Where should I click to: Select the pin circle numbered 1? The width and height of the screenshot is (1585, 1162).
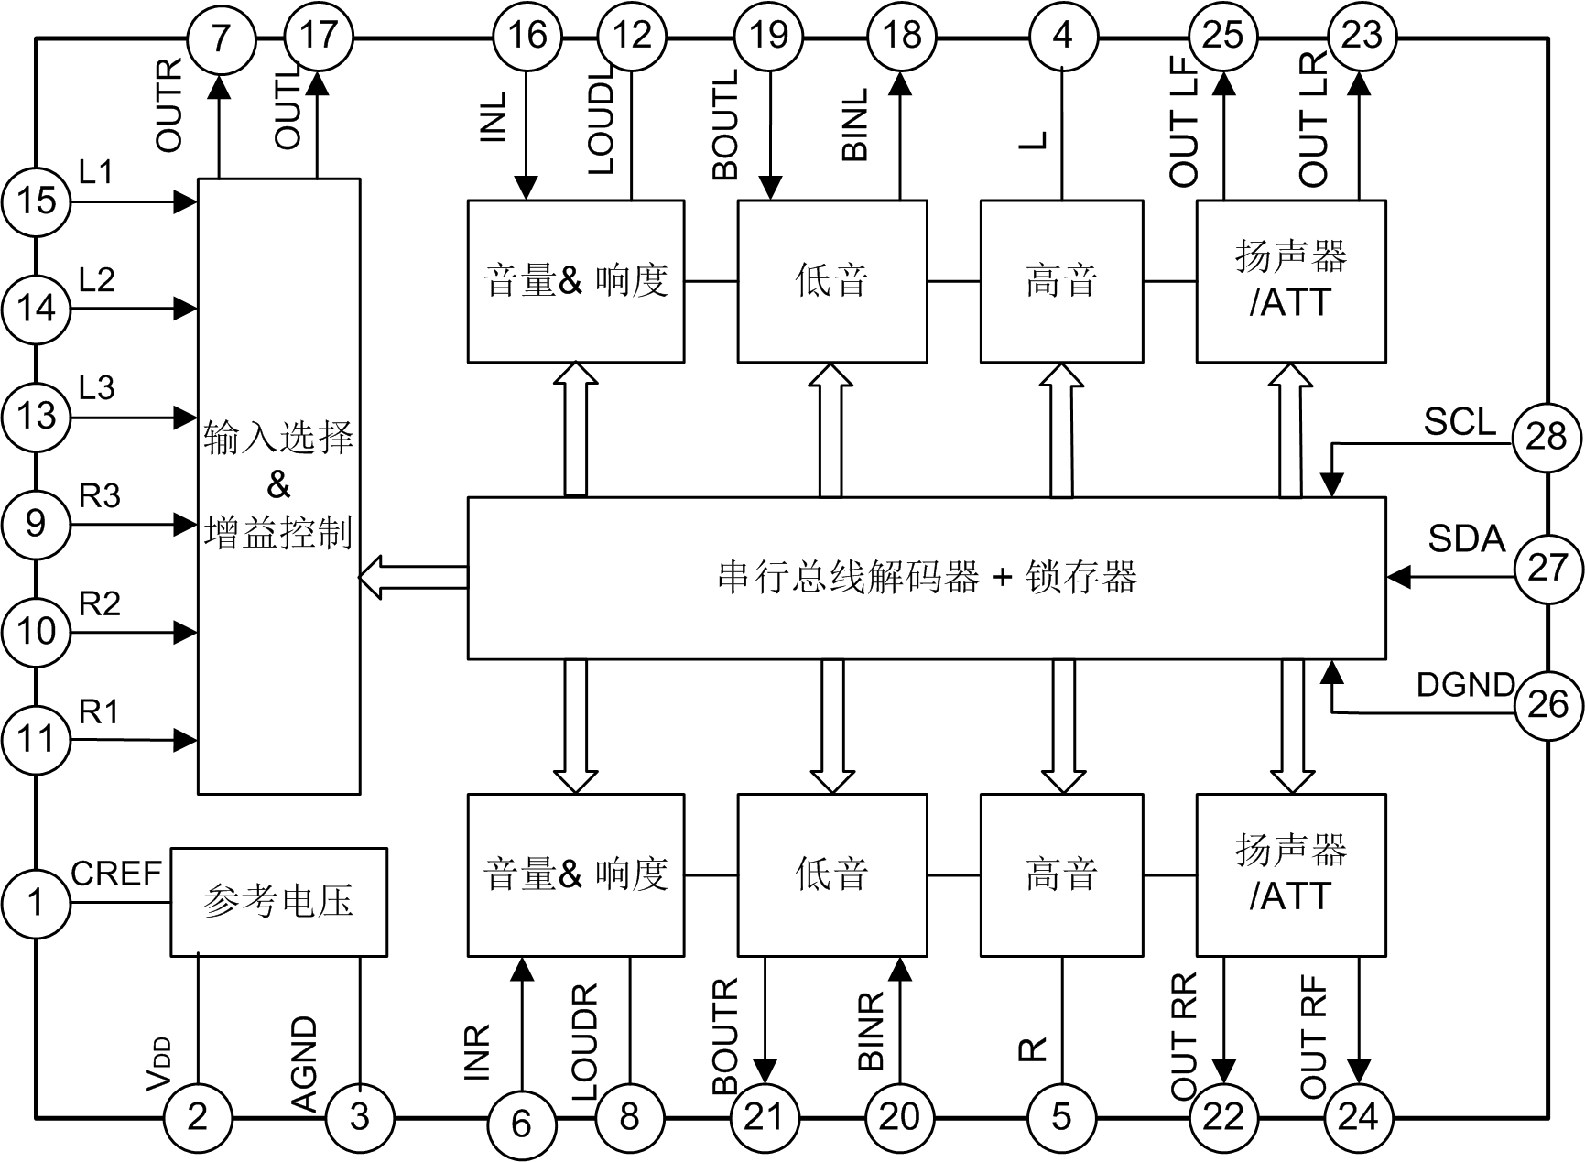(x=36, y=903)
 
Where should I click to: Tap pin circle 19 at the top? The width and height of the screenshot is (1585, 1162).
(x=768, y=36)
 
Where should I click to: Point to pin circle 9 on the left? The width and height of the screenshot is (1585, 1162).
(x=36, y=524)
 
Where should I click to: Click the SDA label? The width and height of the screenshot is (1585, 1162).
(x=1466, y=538)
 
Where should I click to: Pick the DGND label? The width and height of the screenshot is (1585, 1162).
(x=1465, y=684)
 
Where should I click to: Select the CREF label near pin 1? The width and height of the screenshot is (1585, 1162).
(x=116, y=874)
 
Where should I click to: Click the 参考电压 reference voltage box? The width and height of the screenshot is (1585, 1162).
(x=278, y=902)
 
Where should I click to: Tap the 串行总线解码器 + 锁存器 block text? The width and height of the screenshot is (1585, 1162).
(x=927, y=578)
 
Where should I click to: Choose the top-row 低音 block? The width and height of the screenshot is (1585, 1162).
(x=831, y=280)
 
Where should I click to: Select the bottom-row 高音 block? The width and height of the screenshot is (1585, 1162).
(x=1061, y=874)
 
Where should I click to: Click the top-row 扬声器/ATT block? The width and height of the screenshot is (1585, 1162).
(x=1290, y=280)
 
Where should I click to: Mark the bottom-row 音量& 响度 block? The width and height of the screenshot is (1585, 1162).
(x=575, y=874)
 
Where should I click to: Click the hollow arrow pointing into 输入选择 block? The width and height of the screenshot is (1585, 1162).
(x=412, y=578)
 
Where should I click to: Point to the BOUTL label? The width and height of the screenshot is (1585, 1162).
(x=725, y=125)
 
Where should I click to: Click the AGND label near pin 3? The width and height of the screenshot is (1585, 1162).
(x=304, y=1062)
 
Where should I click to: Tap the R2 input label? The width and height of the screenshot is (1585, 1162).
(x=100, y=604)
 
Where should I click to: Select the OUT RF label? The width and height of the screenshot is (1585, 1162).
(x=1313, y=1037)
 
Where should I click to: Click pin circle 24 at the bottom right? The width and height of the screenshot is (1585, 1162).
(x=1359, y=1116)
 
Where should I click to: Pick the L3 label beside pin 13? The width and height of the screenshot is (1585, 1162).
(x=97, y=388)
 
